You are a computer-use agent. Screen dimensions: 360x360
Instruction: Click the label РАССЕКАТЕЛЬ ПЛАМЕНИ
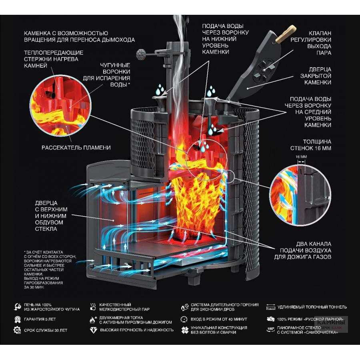click(x=76, y=148)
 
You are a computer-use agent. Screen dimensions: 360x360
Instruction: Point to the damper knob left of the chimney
click(x=140, y=53)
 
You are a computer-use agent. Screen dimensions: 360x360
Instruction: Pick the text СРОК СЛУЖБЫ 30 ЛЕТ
click(x=46, y=330)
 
